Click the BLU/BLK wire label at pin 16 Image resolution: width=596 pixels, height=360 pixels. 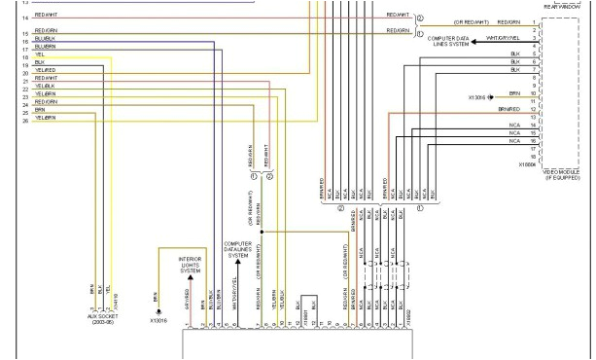pos(45,38)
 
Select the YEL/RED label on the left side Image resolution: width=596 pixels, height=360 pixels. pos(45,71)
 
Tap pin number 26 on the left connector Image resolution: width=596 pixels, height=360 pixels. pos(24,121)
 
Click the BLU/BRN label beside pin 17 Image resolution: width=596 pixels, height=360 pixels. pos(45,46)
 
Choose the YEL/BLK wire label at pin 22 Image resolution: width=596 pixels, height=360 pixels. pos(45,87)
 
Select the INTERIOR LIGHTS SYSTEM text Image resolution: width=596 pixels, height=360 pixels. pos(191,266)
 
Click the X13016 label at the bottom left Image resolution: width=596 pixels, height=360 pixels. pos(160,319)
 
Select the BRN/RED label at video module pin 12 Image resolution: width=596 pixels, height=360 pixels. pos(508,109)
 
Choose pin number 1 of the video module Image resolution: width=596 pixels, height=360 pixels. pos(534,21)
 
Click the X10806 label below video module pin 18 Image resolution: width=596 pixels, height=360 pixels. pos(528,164)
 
